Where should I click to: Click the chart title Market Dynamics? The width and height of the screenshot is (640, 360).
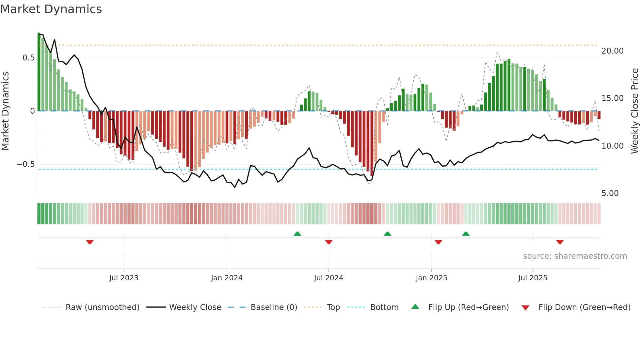[x=51, y=9]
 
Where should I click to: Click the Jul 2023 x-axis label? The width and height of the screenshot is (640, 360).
[x=124, y=278]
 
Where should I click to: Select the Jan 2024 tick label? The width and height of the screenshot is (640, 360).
[x=227, y=278]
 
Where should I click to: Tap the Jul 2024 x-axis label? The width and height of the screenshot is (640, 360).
[x=328, y=278]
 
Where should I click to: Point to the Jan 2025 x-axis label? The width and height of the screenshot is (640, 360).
[x=431, y=278]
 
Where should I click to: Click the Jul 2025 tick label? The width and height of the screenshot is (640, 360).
[x=533, y=278]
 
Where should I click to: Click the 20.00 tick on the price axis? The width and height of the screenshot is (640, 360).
[x=612, y=51]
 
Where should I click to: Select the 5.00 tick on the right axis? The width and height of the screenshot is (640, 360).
[x=610, y=193]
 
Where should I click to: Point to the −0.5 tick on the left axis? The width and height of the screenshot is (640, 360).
[x=26, y=164]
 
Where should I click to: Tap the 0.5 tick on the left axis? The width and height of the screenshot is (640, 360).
[x=28, y=58]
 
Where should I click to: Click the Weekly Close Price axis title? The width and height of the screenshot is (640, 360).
[x=634, y=111]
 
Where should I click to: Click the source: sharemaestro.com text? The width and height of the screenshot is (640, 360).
[x=575, y=256]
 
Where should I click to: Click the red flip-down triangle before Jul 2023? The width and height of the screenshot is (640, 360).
[x=90, y=242]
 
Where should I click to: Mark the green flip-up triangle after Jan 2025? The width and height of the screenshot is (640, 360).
[x=466, y=234]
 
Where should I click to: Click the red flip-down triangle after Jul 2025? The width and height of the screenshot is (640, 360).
[x=560, y=242]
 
